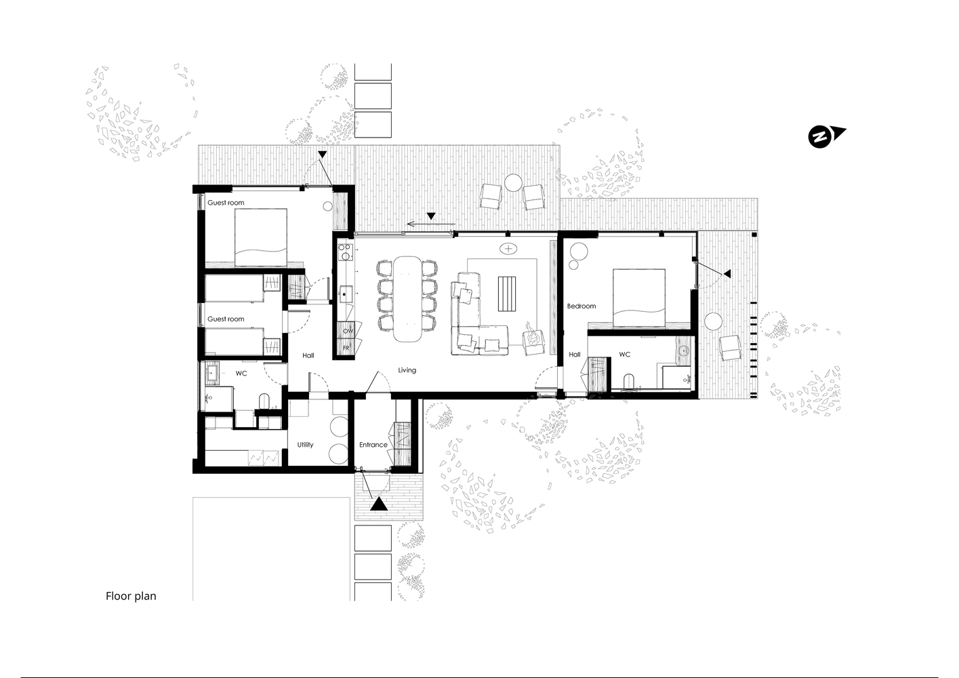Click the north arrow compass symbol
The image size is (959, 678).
coord(825,137)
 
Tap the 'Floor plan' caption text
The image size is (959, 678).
coord(131,596)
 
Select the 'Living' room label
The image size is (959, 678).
coord(407,370)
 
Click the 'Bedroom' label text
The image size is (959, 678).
coord(581,306)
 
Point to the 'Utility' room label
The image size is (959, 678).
coord(305,445)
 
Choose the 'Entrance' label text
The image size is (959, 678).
coord(373,445)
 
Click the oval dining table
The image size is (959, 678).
coord(407,299)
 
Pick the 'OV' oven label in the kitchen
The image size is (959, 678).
coord(348,331)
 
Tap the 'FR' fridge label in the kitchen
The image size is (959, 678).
coord(346,348)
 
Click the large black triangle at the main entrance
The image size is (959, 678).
coord(379,504)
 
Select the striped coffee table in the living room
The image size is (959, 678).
coord(507,294)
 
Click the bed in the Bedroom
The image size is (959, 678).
coord(638,298)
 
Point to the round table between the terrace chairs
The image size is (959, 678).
coord(513,183)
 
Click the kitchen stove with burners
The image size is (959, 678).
coord(345,252)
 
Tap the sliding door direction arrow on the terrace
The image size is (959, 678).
coord(430,224)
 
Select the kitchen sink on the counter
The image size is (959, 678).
coord(345,294)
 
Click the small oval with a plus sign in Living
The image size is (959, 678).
coord(508,248)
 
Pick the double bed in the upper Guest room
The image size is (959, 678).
coord(261,237)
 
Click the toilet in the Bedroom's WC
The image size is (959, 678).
coord(628,381)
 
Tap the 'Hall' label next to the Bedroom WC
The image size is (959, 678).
coord(575,354)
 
